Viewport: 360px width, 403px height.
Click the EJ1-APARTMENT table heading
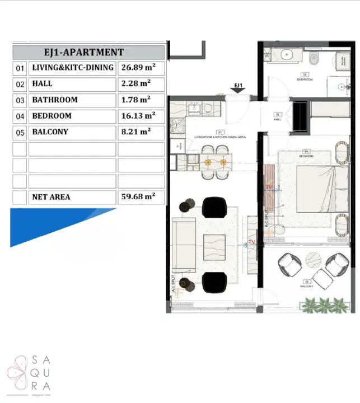click(88, 52)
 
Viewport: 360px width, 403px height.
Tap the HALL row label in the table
click(43, 84)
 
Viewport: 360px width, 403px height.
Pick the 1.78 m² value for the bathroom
click(136, 100)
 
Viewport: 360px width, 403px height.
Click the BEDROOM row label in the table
click(52, 116)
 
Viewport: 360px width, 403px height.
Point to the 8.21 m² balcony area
click(136, 133)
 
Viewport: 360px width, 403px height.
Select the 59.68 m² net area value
click(138, 197)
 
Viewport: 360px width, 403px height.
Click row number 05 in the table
click(20, 133)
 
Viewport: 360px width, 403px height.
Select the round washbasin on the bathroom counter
click(287, 55)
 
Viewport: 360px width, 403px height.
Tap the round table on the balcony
click(312, 258)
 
